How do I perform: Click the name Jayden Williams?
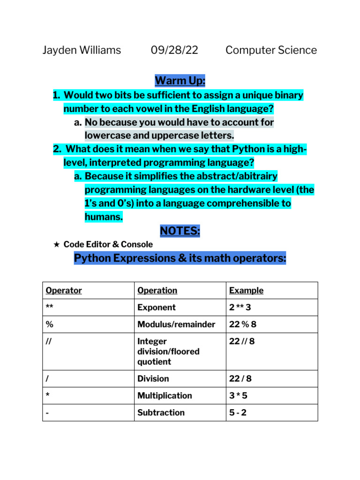pos(82,50)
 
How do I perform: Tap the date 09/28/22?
pos(174,50)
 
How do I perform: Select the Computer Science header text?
pos(271,50)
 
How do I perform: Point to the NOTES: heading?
pos(180,231)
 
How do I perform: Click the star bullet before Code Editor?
pos(56,244)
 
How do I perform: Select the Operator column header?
pos(64,290)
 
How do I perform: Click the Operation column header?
pos(157,290)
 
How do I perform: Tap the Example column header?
pos(246,290)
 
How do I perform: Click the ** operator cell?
pos(50,307)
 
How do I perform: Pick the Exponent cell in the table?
pos(156,307)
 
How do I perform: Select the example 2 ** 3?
pos(240,307)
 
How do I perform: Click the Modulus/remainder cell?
pos(176,324)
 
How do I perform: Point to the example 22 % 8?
pos(243,324)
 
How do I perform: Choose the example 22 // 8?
pos(242,341)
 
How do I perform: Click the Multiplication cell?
pos(165,396)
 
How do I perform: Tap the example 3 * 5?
pos(238,396)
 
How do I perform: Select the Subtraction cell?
pos(161,412)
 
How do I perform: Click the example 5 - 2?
pos(238,412)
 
